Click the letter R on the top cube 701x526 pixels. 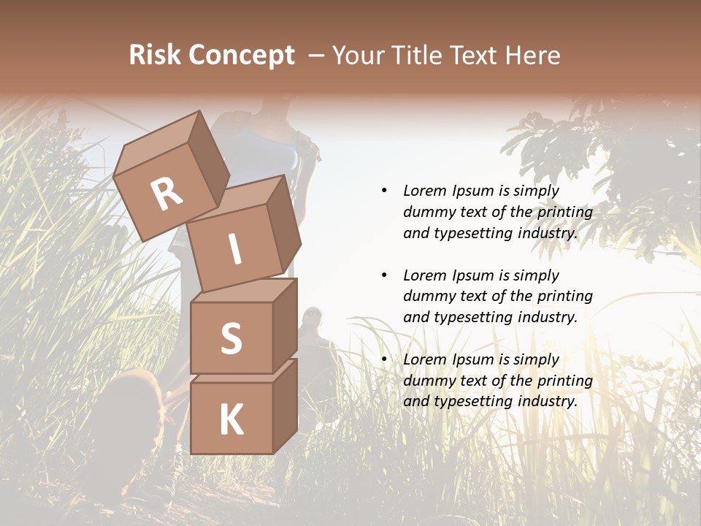167,194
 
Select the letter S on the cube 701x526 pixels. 231,338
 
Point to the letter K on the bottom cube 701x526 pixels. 231,420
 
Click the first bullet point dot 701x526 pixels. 384,191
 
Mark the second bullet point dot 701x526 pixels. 384,275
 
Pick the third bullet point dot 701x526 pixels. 384,359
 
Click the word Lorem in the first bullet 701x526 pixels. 424,191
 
